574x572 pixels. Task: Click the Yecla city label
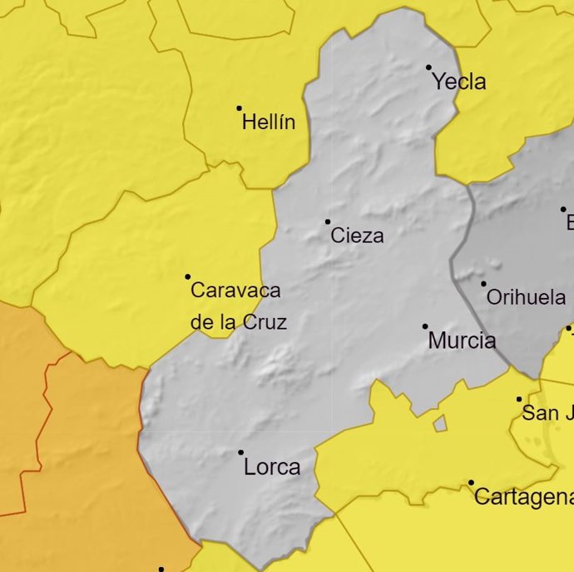(459, 82)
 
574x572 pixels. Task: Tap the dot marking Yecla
(429, 67)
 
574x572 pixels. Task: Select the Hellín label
(269, 123)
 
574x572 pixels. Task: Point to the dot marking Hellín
(240, 108)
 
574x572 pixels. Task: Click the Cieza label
(358, 236)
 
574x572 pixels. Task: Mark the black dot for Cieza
(328, 221)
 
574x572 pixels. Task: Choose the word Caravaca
(236, 291)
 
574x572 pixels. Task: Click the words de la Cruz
(239, 322)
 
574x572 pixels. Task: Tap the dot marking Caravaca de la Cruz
(188, 276)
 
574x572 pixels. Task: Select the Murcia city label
(462, 341)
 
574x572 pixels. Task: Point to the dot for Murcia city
(425, 326)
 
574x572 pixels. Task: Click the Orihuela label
(526, 297)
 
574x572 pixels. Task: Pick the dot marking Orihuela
(483, 284)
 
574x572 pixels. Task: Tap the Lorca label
(272, 468)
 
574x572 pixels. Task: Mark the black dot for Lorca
(241, 453)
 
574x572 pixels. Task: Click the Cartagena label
(523, 498)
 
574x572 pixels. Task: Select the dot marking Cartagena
(471, 483)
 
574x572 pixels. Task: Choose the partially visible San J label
(547, 413)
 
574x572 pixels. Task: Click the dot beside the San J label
(519, 400)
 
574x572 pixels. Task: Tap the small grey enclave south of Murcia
(439, 425)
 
